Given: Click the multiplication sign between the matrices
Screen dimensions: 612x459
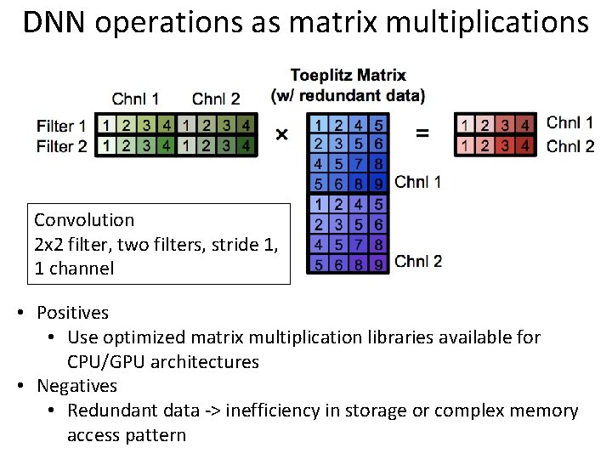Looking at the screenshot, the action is click(281, 133).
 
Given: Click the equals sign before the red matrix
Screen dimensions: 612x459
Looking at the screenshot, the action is click(422, 133).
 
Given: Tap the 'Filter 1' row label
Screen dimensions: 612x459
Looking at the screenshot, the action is click(61, 126).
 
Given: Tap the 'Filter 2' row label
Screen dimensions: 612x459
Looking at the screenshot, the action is click(61, 146).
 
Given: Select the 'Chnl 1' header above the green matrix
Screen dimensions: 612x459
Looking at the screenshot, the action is click(135, 99).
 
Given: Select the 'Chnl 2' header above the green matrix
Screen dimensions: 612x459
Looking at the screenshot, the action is click(216, 99).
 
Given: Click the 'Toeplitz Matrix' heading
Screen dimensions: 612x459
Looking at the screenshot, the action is click(348, 76).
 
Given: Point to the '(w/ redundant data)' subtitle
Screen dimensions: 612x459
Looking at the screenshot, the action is click(348, 93).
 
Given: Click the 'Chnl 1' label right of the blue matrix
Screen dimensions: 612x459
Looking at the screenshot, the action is click(418, 181).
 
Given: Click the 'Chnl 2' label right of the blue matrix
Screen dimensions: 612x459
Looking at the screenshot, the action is click(418, 260).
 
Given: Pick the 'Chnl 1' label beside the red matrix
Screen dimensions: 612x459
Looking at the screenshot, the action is click(570, 124).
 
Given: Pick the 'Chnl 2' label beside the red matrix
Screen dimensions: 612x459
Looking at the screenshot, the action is click(570, 145).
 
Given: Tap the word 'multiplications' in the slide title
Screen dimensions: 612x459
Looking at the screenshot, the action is click(488, 23).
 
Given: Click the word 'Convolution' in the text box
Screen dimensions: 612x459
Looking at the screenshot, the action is click(84, 220).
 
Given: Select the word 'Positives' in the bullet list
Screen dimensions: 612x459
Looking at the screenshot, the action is click(72, 313).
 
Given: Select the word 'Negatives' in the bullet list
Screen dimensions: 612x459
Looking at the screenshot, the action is click(76, 386).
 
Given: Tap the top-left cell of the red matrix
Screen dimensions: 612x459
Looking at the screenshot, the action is click(465, 125).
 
